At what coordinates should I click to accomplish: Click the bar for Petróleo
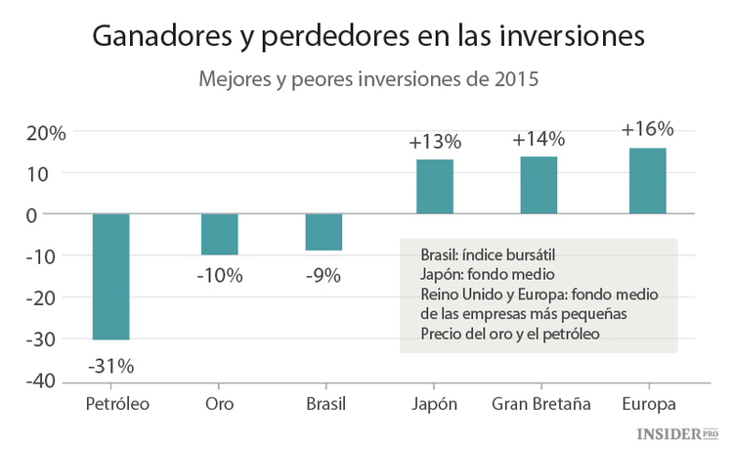(110, 276)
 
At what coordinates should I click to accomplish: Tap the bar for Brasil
(323, 232)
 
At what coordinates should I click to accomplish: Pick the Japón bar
(434, 187)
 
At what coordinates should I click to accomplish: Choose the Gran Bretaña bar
(539, 185)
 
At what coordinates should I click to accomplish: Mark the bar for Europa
(647, 181)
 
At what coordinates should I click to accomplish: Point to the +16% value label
(647, 129)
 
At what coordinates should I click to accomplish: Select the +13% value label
(434, 142)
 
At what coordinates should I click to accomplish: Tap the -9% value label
(323, 276)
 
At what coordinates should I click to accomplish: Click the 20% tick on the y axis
(45, 132)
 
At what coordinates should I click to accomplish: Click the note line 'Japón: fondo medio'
(481, 275)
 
